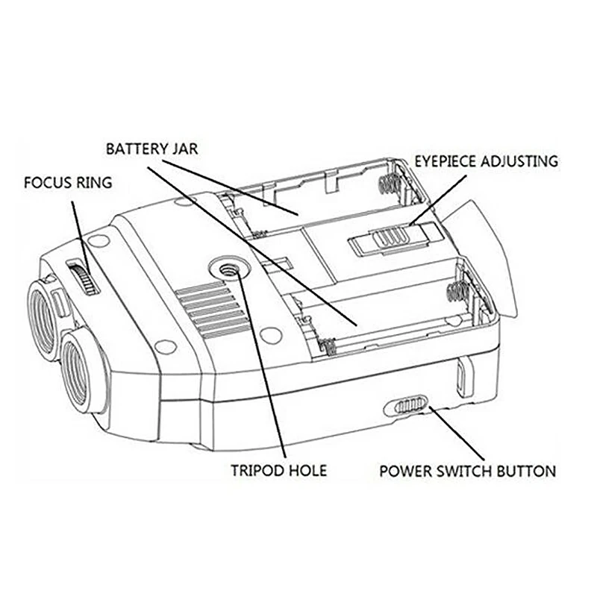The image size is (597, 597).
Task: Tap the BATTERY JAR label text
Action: coord(151,148)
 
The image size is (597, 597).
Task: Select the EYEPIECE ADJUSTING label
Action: coord(486,160)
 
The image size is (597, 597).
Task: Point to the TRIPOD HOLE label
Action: coord(278,472)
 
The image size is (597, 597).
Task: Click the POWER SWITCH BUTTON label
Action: coord(467,472)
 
